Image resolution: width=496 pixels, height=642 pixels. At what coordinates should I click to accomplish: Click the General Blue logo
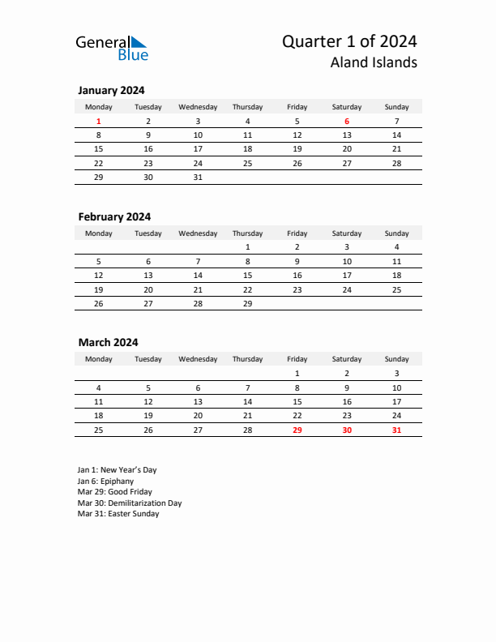(112, 48)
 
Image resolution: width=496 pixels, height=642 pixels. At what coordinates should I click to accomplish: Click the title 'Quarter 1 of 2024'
(349, 41)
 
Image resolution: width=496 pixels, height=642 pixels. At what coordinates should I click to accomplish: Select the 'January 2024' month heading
(111, 91)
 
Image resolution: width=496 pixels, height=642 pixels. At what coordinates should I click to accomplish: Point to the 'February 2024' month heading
(114, 216)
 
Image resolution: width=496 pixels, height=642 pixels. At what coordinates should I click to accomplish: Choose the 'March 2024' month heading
(108, 342)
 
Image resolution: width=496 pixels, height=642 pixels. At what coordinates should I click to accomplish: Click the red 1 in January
(99, 122)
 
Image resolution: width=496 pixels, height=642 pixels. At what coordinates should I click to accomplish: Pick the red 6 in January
(347, 122)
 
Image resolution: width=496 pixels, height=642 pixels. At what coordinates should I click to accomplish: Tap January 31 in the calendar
(198, 177)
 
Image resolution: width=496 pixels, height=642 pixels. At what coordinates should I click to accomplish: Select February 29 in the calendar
(247, 303)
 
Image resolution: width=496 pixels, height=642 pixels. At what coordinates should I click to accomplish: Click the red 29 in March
(297, 430)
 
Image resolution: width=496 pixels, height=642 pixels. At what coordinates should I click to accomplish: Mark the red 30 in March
(347, 430)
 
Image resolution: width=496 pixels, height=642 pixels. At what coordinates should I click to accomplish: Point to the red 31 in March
(396, 430)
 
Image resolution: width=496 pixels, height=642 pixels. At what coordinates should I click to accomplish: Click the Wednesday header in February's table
(198, 233)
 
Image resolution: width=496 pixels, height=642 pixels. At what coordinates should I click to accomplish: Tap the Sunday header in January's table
(396, 107)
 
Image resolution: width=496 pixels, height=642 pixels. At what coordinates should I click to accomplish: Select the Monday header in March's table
(99, 359)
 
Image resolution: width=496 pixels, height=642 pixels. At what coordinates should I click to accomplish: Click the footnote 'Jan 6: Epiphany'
(105, 481)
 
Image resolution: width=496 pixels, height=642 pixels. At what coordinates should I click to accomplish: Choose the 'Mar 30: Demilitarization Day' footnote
(130, 503)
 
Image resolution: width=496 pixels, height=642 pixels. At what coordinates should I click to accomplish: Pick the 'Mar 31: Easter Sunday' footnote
(118, 514)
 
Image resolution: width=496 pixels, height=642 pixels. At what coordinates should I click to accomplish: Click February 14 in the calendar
(198, 276)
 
